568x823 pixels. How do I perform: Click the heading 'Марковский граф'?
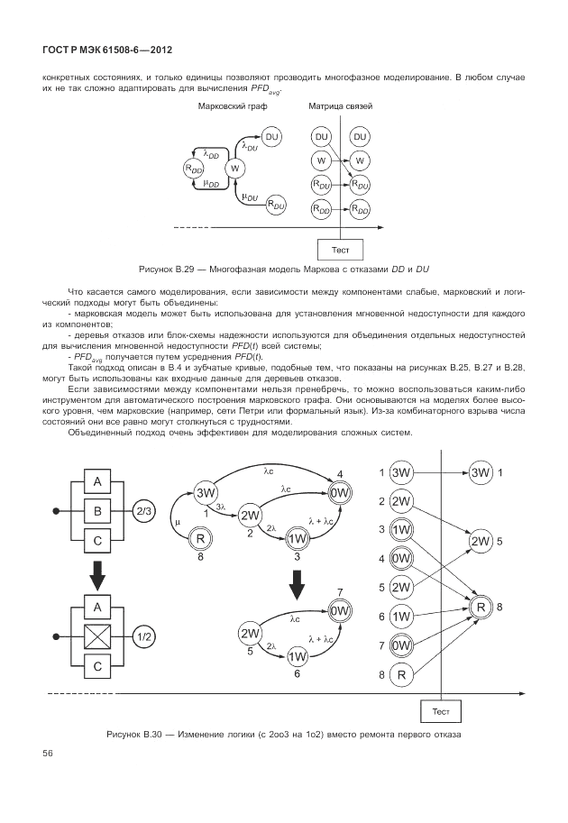(x=227, y=107)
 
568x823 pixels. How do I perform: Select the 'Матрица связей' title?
(x=341, y=107)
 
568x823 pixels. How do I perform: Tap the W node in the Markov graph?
(x=234, y=169)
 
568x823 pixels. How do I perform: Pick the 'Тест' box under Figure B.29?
(x=342, y=248)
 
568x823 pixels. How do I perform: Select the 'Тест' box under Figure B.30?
(x=442, y=711)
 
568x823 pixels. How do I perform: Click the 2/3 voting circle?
(x=143, y=511)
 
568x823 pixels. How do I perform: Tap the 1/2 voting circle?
(x=143, y=636)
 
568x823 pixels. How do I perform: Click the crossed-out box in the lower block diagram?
(x=97, y=636)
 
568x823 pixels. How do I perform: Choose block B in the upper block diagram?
(x=97, y=511)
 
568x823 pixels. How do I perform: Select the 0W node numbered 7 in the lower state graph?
(x=340, y=611)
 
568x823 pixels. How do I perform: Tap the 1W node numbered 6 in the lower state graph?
(x=298, y=657)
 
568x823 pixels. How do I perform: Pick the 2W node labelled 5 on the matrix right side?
(x=481, y=541)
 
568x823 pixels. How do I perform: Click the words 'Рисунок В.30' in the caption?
(x=137, y=734)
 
